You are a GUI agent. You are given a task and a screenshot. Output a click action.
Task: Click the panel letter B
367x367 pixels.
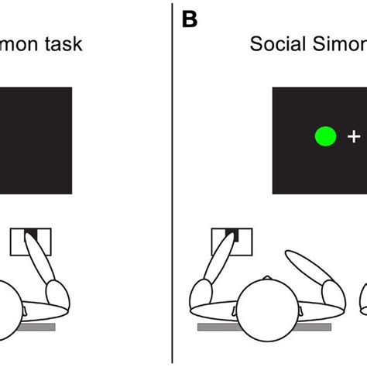coord(190,19)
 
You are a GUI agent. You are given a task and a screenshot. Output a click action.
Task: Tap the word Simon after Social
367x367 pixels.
coord(340,44)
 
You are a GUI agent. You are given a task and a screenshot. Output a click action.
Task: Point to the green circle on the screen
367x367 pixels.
coord(325,137)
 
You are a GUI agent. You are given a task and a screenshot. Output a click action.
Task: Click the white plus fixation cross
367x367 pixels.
coord(353,137)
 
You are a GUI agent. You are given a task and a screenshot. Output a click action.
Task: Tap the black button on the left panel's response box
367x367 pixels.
coord(32,233)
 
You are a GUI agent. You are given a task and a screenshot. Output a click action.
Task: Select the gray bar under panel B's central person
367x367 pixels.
coord(232,328)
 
